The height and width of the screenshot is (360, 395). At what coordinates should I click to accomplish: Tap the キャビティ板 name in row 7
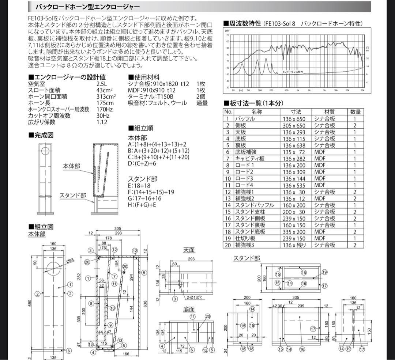point(249,159)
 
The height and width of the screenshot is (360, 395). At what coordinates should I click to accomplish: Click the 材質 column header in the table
point(324,112)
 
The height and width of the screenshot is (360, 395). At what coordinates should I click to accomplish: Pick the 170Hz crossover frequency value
point(105,109)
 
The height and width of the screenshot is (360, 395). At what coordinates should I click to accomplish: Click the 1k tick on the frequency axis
point(298,90)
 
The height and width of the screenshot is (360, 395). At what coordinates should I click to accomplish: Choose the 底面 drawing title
point(189,310)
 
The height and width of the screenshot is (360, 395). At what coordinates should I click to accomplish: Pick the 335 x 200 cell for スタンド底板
point(296,232)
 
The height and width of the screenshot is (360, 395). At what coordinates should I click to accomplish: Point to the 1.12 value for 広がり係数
point(102,122)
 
